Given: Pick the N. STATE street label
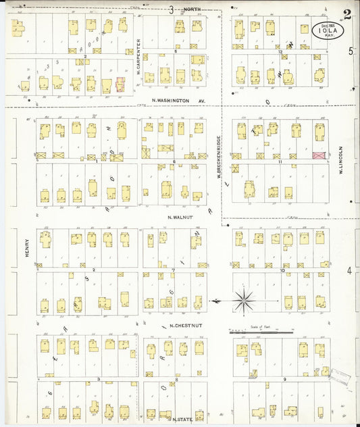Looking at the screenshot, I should tap(180, 419).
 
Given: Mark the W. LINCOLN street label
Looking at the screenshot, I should tap(342, 160).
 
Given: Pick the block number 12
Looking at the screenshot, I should tap(279, 51).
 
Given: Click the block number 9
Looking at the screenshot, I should tap(286, 380).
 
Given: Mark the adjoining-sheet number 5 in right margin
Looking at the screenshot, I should tap(351, 51).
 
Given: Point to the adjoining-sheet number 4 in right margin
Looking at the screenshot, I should tap(349, 271).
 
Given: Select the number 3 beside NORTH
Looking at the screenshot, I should tap(172, 9).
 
